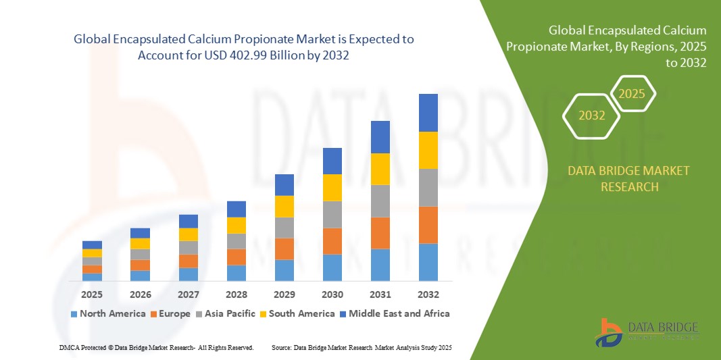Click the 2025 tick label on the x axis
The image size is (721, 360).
point(92,294)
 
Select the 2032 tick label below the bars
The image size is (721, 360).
point(428,294)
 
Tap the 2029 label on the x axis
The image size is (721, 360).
point(284,294)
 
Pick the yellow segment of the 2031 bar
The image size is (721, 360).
point(380,169)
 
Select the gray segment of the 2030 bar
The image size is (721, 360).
point(332,214)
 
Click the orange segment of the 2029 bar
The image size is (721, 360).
point(284,249)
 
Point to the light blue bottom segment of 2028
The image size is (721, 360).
point(237,273)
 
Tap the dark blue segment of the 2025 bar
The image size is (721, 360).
point(92,245)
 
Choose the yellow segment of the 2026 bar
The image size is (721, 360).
point(140,243)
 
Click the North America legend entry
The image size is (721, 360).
point(107,313)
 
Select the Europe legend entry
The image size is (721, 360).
point(170,313)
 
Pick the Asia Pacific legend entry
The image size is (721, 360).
point(226,313)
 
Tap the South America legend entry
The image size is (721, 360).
point(297,313)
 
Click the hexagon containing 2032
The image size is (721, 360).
point(592,115)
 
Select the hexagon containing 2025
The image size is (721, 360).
point(632,93)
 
